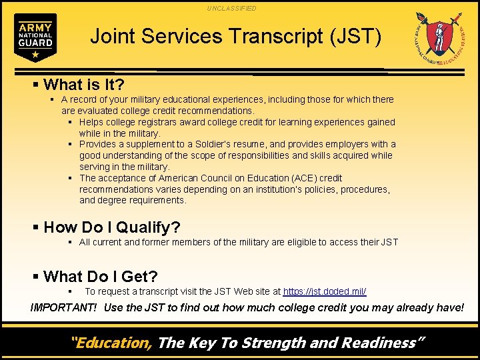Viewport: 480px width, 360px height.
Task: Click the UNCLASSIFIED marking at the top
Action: [231, 8]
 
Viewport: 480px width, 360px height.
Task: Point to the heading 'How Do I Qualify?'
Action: [111, 227]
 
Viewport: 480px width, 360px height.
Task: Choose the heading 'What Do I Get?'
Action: [100, 277]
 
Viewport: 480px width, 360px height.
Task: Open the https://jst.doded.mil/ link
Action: [325, 292]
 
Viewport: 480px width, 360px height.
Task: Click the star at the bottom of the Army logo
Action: [35, 53]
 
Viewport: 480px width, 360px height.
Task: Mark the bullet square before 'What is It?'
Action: [36, 85]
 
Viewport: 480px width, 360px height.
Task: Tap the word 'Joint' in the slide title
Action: [110, 36]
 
